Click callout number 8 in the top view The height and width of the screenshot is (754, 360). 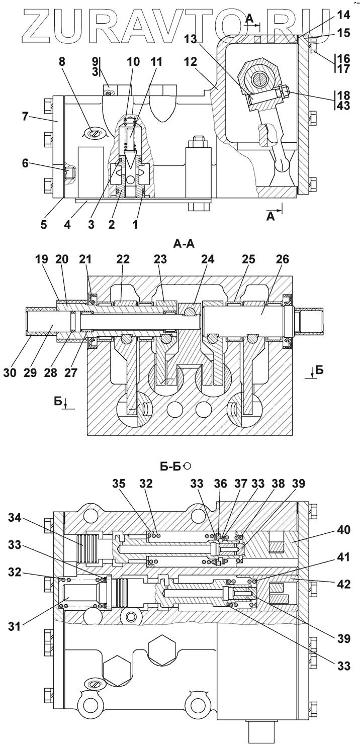(62, 62)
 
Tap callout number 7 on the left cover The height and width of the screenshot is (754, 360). (25, 117)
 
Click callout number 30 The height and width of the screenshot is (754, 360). (10, 373)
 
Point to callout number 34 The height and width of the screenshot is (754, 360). (15, 519)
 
